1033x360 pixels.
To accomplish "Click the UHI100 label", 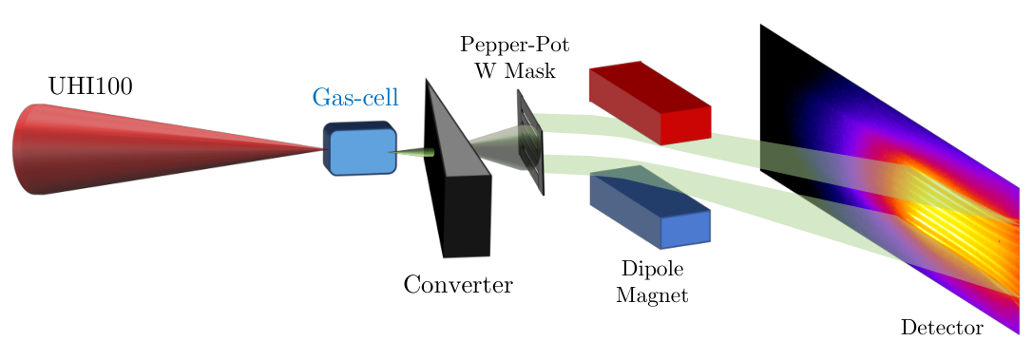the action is [x=90, y=85].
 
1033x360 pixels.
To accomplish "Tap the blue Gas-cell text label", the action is [x=355, y=98].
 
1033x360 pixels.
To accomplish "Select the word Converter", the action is [x=458, y=284].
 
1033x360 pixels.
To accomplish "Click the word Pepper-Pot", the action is [x=514, y=47].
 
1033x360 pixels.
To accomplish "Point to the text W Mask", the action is [x=514, y=69].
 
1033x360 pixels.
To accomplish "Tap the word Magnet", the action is [x=652, y=294].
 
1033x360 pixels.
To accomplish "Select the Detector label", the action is [x=942, y=327].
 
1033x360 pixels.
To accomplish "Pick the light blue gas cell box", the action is [x=361, y=149].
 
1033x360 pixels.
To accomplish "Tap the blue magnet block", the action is [x=650, y=207].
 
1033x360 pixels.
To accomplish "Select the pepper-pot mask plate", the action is [x=531, y=142].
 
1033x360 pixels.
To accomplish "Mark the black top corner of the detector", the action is [x=761, y=25].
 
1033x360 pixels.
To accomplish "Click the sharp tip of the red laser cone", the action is [x=326, y=149].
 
